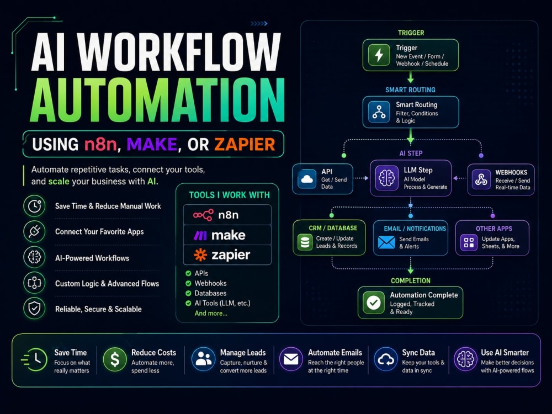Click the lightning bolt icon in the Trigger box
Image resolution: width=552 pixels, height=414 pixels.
tap(379, 55)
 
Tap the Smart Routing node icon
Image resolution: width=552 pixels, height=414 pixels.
tap(379, 112)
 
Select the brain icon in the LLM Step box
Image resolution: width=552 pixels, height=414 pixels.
tap(386, 178)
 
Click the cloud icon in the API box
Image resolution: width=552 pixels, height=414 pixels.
tap(307, 179)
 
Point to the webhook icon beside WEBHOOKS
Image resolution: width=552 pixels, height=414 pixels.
tap(481, 179)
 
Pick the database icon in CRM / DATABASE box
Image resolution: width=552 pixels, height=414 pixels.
tap(305, 242)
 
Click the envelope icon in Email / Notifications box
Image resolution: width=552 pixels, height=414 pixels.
tap(386, 242)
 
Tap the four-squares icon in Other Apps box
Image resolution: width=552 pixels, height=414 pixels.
tap(469, 242)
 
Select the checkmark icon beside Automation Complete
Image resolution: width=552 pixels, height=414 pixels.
tap(374, 302)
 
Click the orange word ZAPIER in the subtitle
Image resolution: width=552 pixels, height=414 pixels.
tap(245, 144)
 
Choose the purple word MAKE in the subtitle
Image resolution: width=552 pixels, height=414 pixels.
tap(152, 144)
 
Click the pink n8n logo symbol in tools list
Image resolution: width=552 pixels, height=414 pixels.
tap(203, 215)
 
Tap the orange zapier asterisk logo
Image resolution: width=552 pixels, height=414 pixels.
tap(200, 255)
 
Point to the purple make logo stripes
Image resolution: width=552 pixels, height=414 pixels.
tap(201, 235)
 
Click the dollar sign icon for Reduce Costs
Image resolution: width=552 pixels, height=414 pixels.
tap(115, 359)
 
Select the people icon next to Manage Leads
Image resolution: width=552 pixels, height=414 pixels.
tap(203, 359)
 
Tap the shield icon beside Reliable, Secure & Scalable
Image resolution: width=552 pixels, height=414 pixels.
tap(34, 309)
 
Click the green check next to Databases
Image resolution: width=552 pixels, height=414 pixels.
tap(188, 293)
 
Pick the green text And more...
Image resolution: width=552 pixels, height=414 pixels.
tap(211, 314)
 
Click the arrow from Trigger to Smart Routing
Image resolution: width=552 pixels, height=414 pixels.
tap(411, 77)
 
